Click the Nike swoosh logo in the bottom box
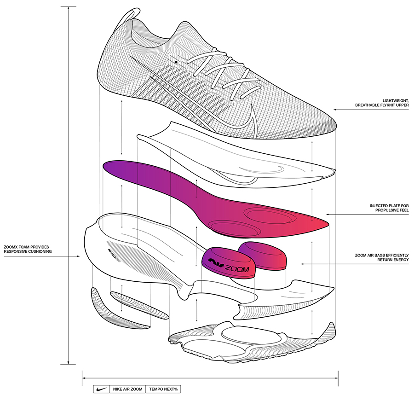coord(100,389)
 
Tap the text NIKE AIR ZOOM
coord(126,389)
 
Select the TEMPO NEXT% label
coord(163,389)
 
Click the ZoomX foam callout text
coord(28,249)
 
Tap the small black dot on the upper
coord(176,61)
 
